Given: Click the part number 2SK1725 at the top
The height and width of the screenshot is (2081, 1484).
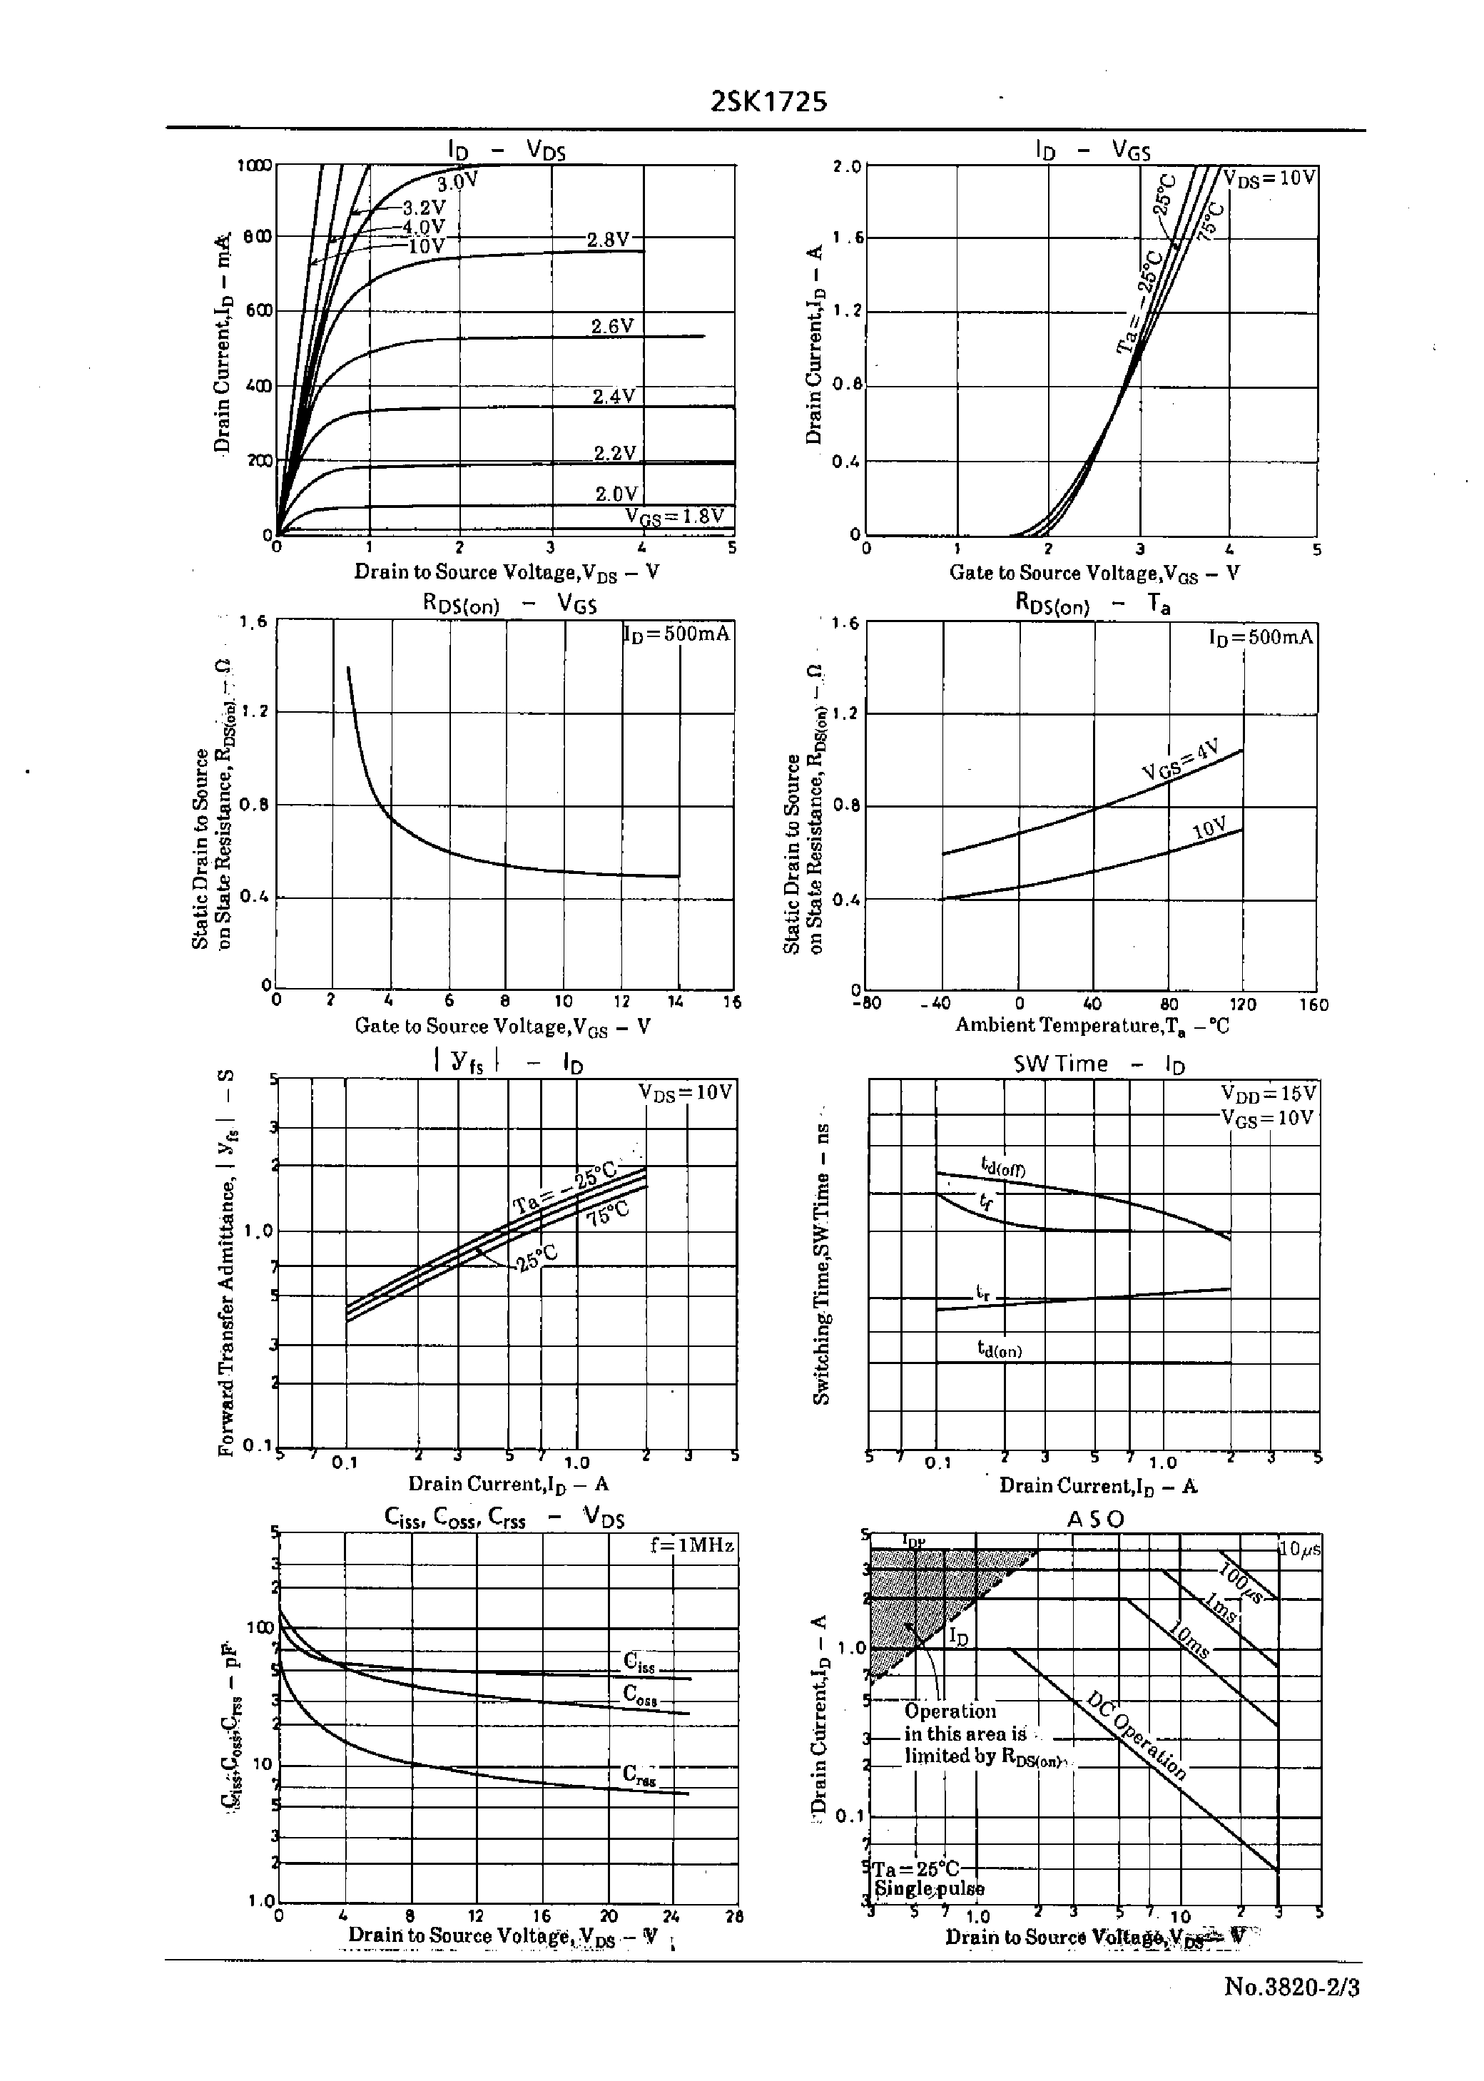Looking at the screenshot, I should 768,101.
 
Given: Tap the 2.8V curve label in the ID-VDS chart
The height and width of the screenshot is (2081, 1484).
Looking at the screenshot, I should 608,239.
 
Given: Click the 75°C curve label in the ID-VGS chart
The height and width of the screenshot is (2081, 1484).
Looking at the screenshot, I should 1211,219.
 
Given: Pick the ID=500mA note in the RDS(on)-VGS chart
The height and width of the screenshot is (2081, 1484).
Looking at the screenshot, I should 677,633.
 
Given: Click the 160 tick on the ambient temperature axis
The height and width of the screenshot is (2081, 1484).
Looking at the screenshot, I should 1313,1004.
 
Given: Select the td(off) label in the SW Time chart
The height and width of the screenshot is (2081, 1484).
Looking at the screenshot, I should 1002,1166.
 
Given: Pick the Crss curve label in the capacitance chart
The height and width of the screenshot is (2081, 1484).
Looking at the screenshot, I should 639,1773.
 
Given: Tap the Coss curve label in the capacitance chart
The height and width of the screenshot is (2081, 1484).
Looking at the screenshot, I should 639,1693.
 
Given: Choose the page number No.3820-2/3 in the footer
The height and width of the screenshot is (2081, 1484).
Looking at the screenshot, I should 1291,2005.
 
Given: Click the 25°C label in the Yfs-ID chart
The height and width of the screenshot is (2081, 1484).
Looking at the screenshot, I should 537,1260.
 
